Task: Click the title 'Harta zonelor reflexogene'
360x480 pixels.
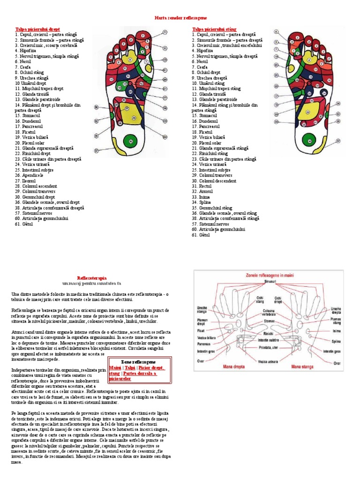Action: (180, 17)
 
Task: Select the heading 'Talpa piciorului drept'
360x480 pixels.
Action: (37, 29)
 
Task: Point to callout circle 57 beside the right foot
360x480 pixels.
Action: (96, 151)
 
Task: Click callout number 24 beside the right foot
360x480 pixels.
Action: (165, 137)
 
